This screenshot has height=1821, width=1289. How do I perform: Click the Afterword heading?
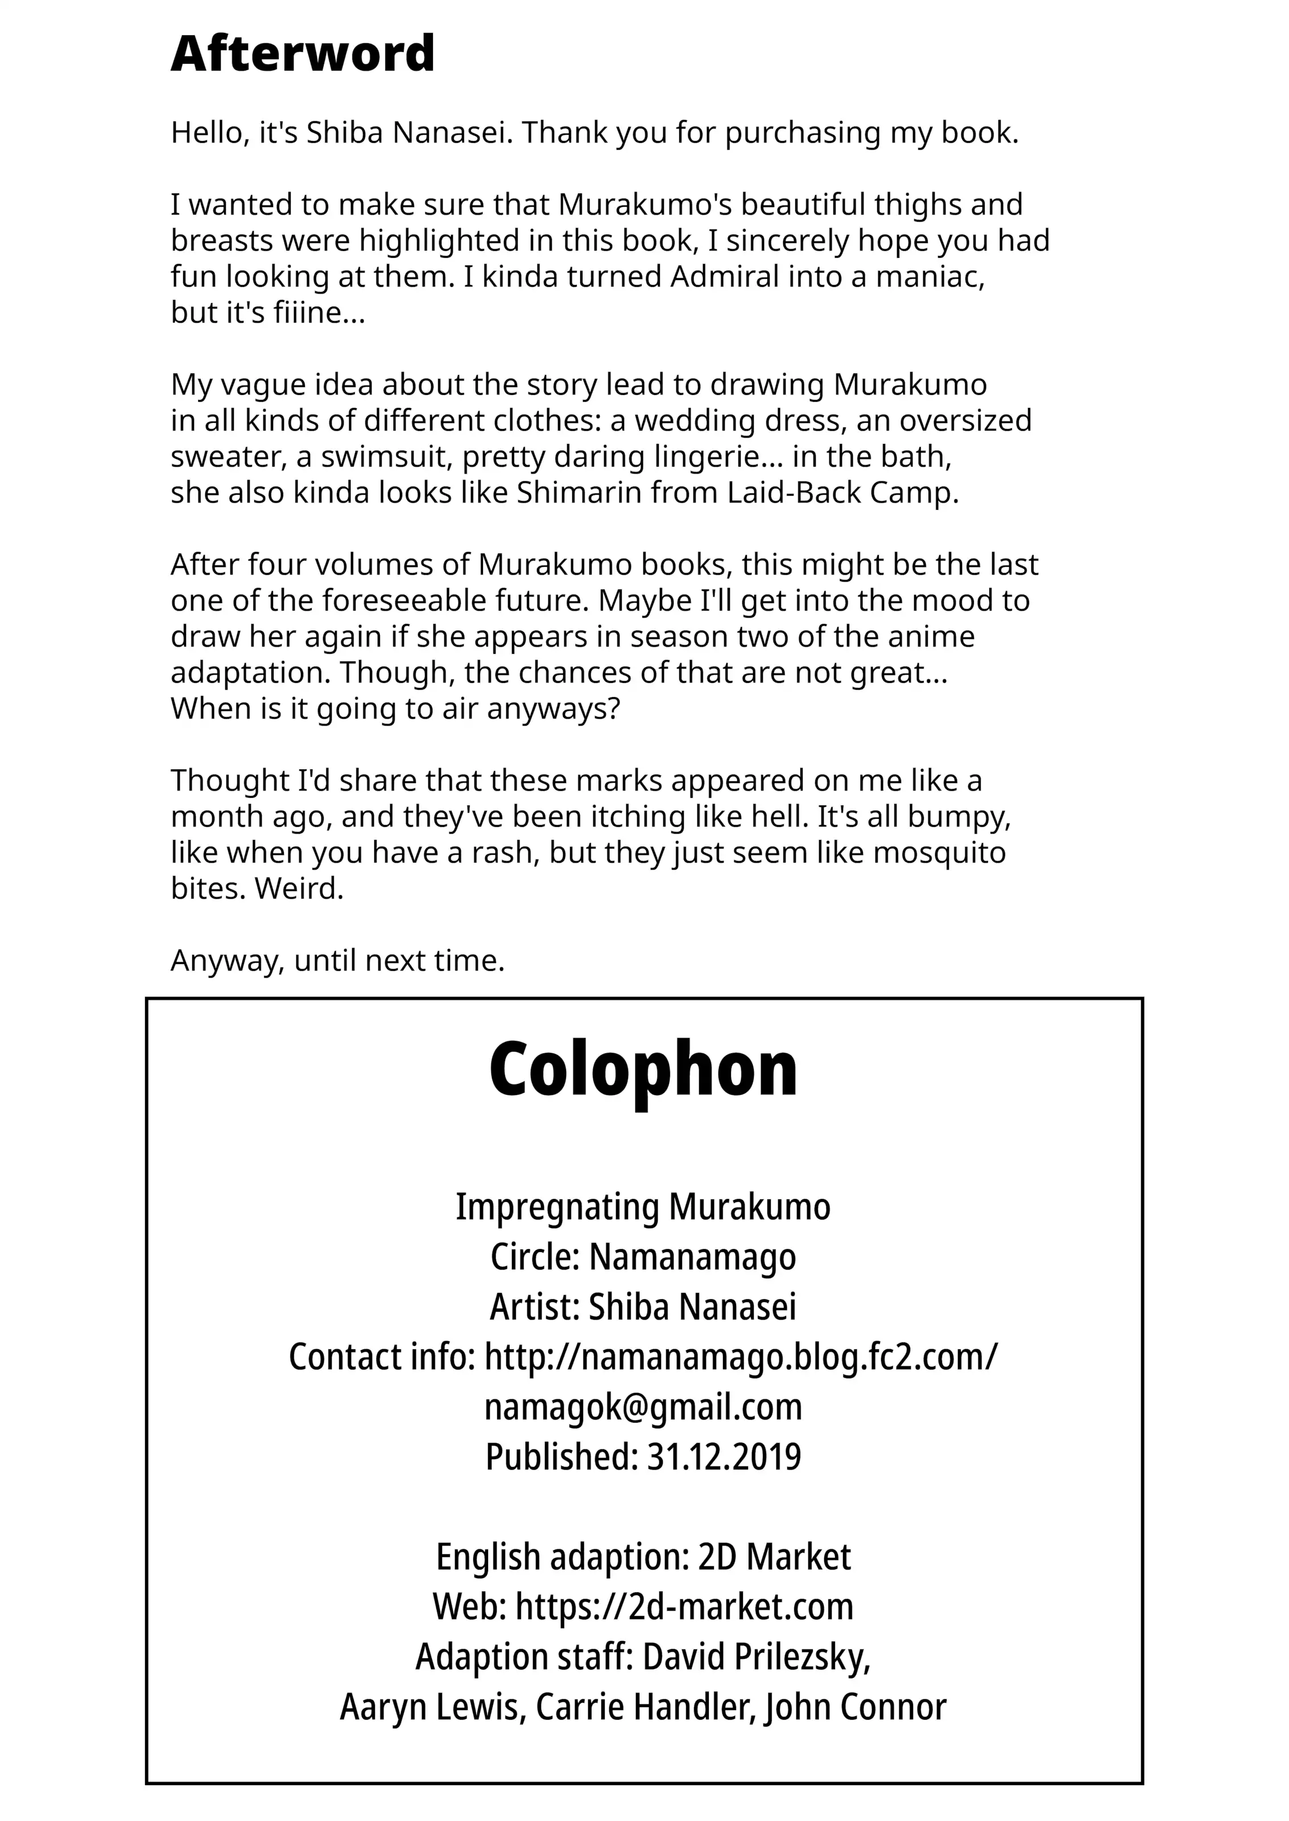point(303,54)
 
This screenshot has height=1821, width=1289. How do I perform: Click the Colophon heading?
point(643,1069)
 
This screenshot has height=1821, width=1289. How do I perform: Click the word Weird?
point(299,888)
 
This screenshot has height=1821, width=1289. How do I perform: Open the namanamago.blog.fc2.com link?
point(741,1357)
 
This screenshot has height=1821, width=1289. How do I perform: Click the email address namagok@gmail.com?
point(643,1407)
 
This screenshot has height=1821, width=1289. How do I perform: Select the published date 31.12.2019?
point(724,1457)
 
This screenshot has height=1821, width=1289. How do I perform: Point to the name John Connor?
point(856,1707)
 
